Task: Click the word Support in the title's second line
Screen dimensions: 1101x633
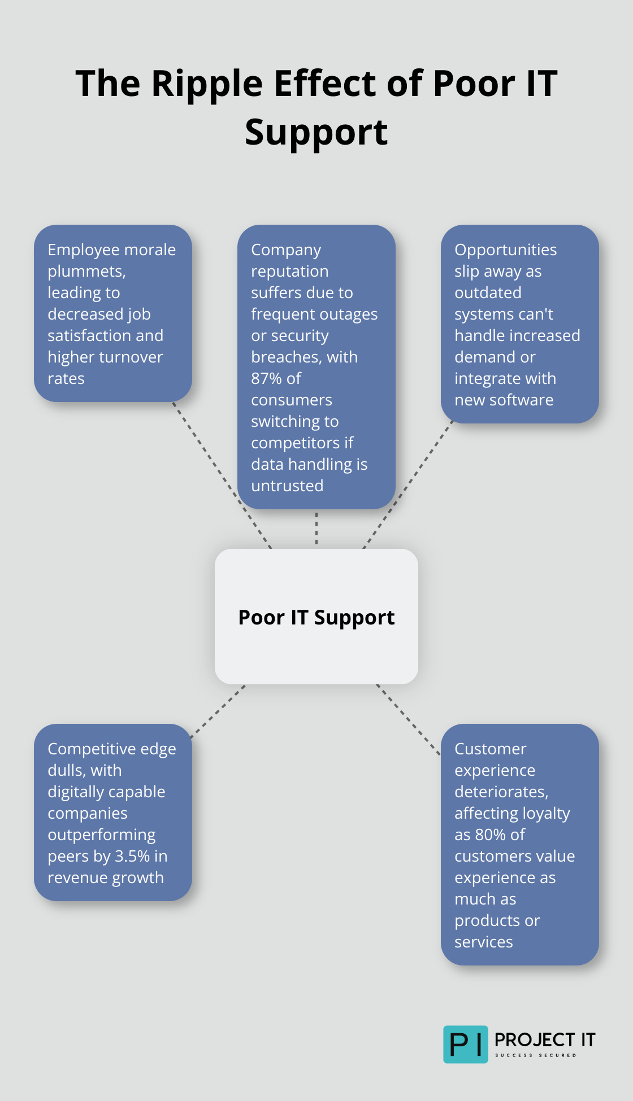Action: [x=316, y=133]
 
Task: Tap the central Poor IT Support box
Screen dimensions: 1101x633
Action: [x=316, y=617]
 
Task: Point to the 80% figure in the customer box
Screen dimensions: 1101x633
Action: [x=490, y=835]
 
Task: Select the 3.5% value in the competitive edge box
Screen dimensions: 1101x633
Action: [x=130, y=856]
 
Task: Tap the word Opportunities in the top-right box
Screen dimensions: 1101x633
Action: [x=505, y=250]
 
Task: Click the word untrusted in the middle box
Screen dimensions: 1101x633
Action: [x=287, y=486]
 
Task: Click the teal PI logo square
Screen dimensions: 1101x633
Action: [x=465, y=1044]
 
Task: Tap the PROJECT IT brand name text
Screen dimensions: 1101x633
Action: [x=544, y=1039]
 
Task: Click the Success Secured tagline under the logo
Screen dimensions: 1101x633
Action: [x=535, y=1055]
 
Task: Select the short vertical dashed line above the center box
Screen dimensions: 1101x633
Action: [x=316, y=528]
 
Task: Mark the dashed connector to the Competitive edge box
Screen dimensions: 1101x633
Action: [x=218, y=711]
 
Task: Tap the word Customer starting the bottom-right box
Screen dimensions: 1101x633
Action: [x=490, y=749]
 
